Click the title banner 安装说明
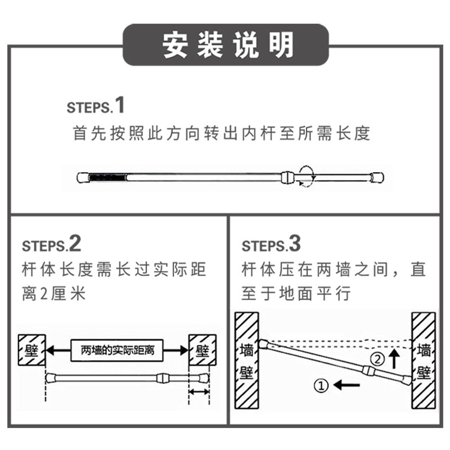[226, 45]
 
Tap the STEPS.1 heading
[96, 105]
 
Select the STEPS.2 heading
[52, 244]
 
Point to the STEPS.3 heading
[271, 244]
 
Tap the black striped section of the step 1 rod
[107, 177]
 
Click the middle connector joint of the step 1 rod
[288, 178]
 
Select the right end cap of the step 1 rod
[377, 178]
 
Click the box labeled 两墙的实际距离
[117, 350]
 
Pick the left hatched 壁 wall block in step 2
[32, 350]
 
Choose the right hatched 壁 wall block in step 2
[202, 350]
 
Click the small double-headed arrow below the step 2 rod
[199, 391]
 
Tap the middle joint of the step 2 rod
[162, 378]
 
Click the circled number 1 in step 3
[321, 385]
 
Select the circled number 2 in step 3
[377, 359]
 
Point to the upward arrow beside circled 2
[395, 358]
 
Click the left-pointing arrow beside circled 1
[346, 385]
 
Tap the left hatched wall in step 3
[247, 361]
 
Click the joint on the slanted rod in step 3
[368, 370]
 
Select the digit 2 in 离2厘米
[44, 294]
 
